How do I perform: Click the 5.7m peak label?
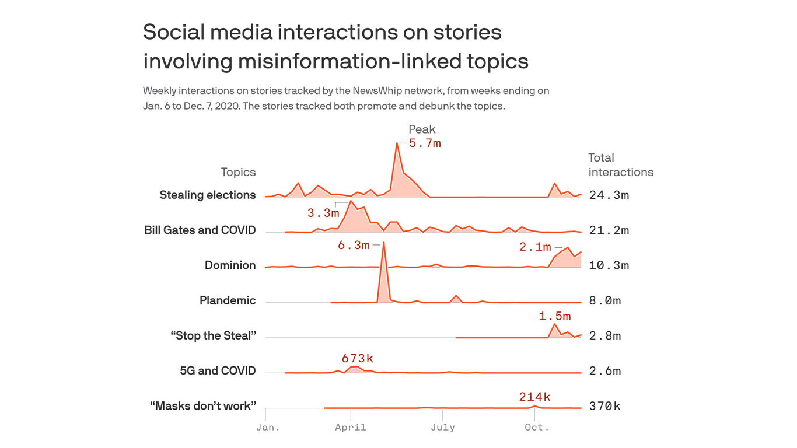pos(425,143)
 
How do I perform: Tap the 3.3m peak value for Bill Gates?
pos(323,213)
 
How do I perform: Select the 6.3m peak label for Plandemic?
pos(354,246)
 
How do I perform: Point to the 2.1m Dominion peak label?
pos(535,247)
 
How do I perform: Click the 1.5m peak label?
pos(554,317)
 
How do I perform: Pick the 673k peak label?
pos(357,358)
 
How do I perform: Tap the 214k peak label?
pos(534,397)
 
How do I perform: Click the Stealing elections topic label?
pos(208,195)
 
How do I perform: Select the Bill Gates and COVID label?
pos(200,230)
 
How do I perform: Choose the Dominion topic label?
pos(230,265)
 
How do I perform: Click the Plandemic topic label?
pos(228,300)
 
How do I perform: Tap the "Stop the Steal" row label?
pos(213,336)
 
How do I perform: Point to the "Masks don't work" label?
pos(202,406)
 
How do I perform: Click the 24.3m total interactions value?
pos(609,195)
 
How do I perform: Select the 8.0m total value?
pos(605,301)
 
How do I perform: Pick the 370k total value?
pos(604,406)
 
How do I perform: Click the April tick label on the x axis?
pos(351,428)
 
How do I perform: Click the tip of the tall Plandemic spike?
pos(383,243)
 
